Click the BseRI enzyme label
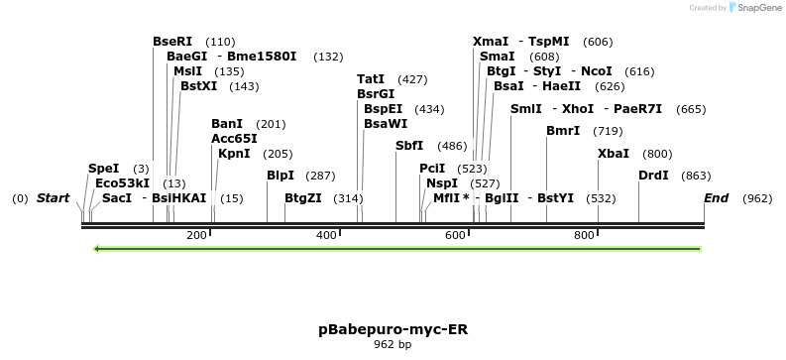pyautogui.click(x=172, y=42)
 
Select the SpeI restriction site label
pyautogui.click(x=103, y=169)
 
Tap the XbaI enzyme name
pyautogui.click(x=614, y=154)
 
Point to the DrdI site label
pyautogui.click(x=653, y=176)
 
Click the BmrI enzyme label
pyautogui.click(x=563, y=131)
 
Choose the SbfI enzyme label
pyautogui.click(x=408, y=146)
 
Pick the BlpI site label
pyautogui.click(x=281, y=176)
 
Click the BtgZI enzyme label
pyautogui.click(x=302, y=198)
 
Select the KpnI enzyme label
pyautogui.click(x=234, y=154)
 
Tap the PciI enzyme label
pyautogui.click(x=432, y=169)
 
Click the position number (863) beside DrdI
pyautogui.click(x=697, y=176)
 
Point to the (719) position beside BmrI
pyautogui.click(x=608, y=131)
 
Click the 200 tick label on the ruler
pyautogui.click(x=196, y=235)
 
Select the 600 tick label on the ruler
pyautogui.click(x=455, y=235)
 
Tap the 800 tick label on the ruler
pyautogui.click(x=584, y=235)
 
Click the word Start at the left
pyautogui.click(x=53, y=198)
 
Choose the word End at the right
pyautogui.click(x=716, y=198)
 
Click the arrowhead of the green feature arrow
pyautogui.click(x=97, y=248)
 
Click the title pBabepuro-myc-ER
pyautogui.click(x=393, y=328)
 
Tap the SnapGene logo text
pyautogui.click(x=762, y=8)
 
